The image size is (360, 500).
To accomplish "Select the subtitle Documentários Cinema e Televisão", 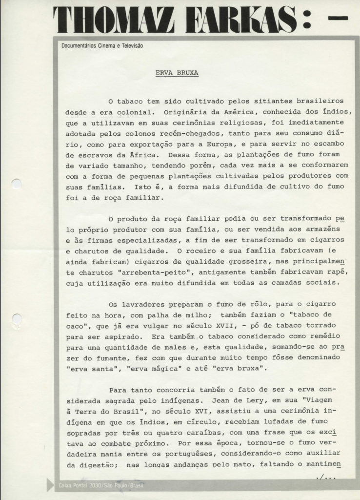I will (102, 46).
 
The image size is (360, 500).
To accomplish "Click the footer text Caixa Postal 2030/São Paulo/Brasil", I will (101, 485).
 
